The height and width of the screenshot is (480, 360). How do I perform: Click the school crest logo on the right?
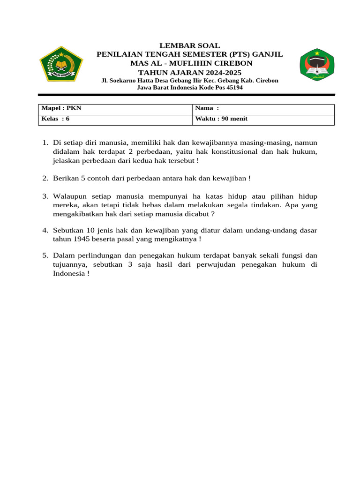point(317,64)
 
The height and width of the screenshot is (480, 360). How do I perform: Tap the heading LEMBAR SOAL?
point(189,46)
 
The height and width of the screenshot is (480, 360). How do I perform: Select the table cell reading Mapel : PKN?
point(115,109)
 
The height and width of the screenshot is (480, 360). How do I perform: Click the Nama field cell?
point(263,109)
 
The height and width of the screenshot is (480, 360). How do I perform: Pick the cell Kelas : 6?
point(115,119)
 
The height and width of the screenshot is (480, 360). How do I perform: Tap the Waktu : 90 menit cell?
point(263,119)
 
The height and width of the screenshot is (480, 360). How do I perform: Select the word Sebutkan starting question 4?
point(69,230)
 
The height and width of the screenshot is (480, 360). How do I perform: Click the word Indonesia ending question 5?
point(68,274)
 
